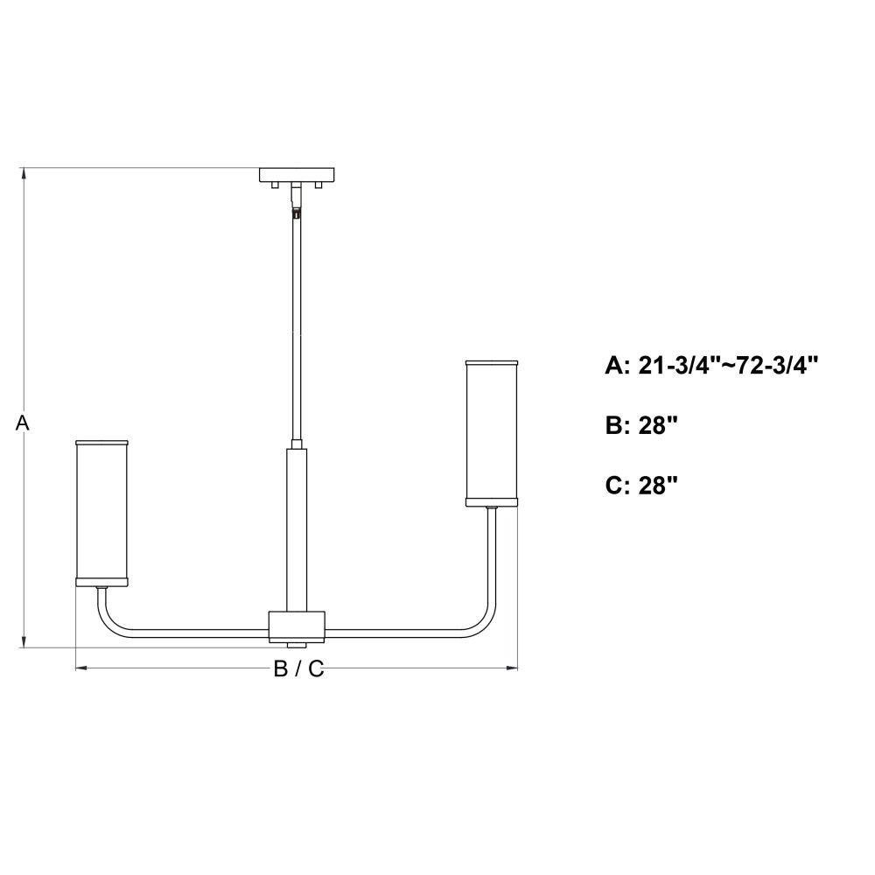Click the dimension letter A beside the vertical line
[22, 423]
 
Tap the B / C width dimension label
[298, 668]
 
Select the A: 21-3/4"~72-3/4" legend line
[711, 366]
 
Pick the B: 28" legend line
[641, 426]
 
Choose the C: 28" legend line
[641, 486]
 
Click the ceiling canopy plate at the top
[297, 175]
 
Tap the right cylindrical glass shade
[492, 434]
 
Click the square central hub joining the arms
[297, 626]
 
